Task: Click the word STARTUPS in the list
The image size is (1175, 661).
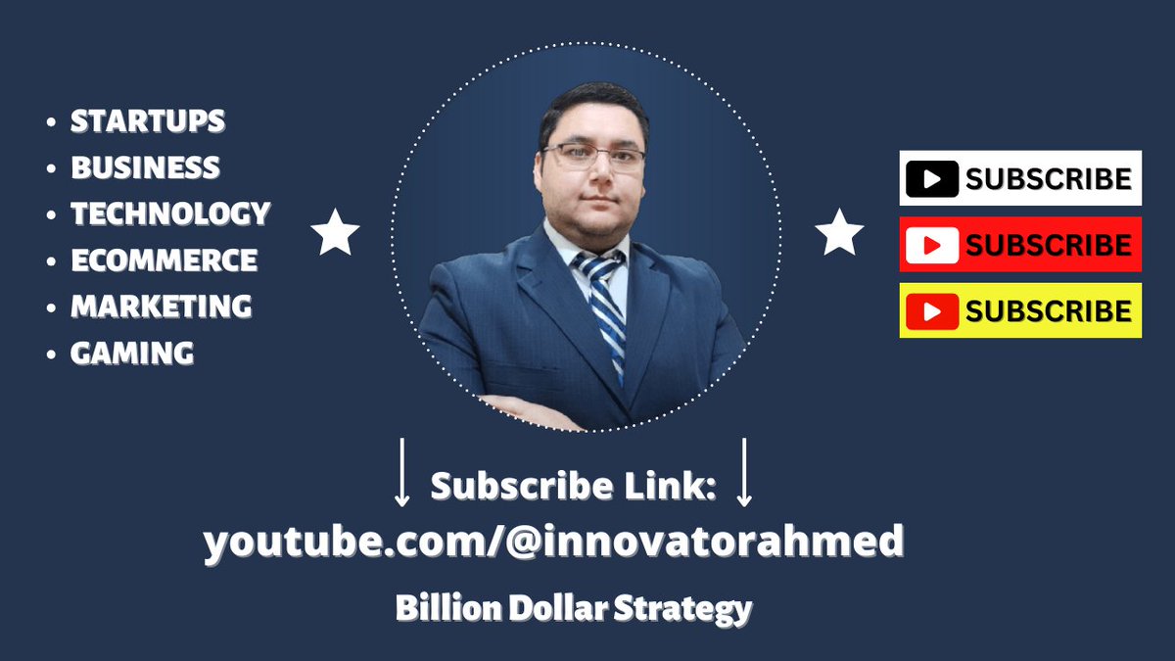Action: (x=148, y=121)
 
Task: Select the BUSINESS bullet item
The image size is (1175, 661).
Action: (x=145, y=167)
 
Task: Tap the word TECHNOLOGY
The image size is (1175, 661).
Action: (x=170, y=213)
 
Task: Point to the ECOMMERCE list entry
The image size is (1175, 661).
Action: (x=164, y=260)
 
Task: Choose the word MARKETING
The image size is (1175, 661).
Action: (x=162, y=307)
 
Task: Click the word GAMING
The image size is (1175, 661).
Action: (x=132, y=353)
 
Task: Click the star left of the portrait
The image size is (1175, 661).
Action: (x=335, y=233)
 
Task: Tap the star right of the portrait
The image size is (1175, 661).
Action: (x=839, y=233)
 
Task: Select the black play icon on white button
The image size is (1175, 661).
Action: (x=931, y=178)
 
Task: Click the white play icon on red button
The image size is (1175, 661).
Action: (x=931, y=245)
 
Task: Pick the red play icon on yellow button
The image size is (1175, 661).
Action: (x=931, y=311)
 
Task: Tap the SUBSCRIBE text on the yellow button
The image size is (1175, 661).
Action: (x=1049, y=311)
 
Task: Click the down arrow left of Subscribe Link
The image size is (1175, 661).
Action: (x=401, y=473)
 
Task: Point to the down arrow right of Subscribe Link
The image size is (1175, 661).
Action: (x=744, y=473)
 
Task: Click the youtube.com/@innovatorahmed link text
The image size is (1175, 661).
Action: (x=553, y=542)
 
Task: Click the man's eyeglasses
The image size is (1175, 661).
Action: (x=594, y=157)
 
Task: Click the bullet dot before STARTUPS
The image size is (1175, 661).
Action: (x=51, y=122)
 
